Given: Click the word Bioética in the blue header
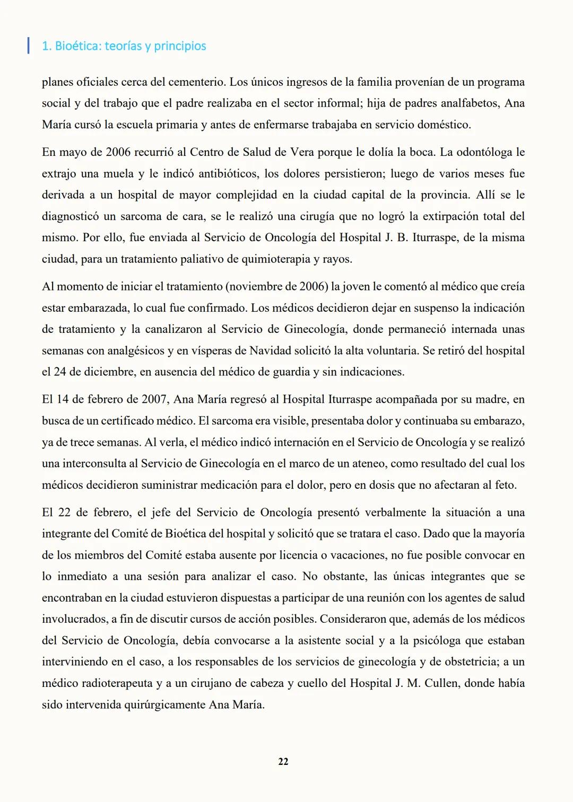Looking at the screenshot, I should pyautogui.click(x=77, y=46).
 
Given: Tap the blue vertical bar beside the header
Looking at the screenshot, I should pyautogui.click(x=28, y=46).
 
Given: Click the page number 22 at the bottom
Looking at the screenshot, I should pyautogui.click(x=283, y=761).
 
